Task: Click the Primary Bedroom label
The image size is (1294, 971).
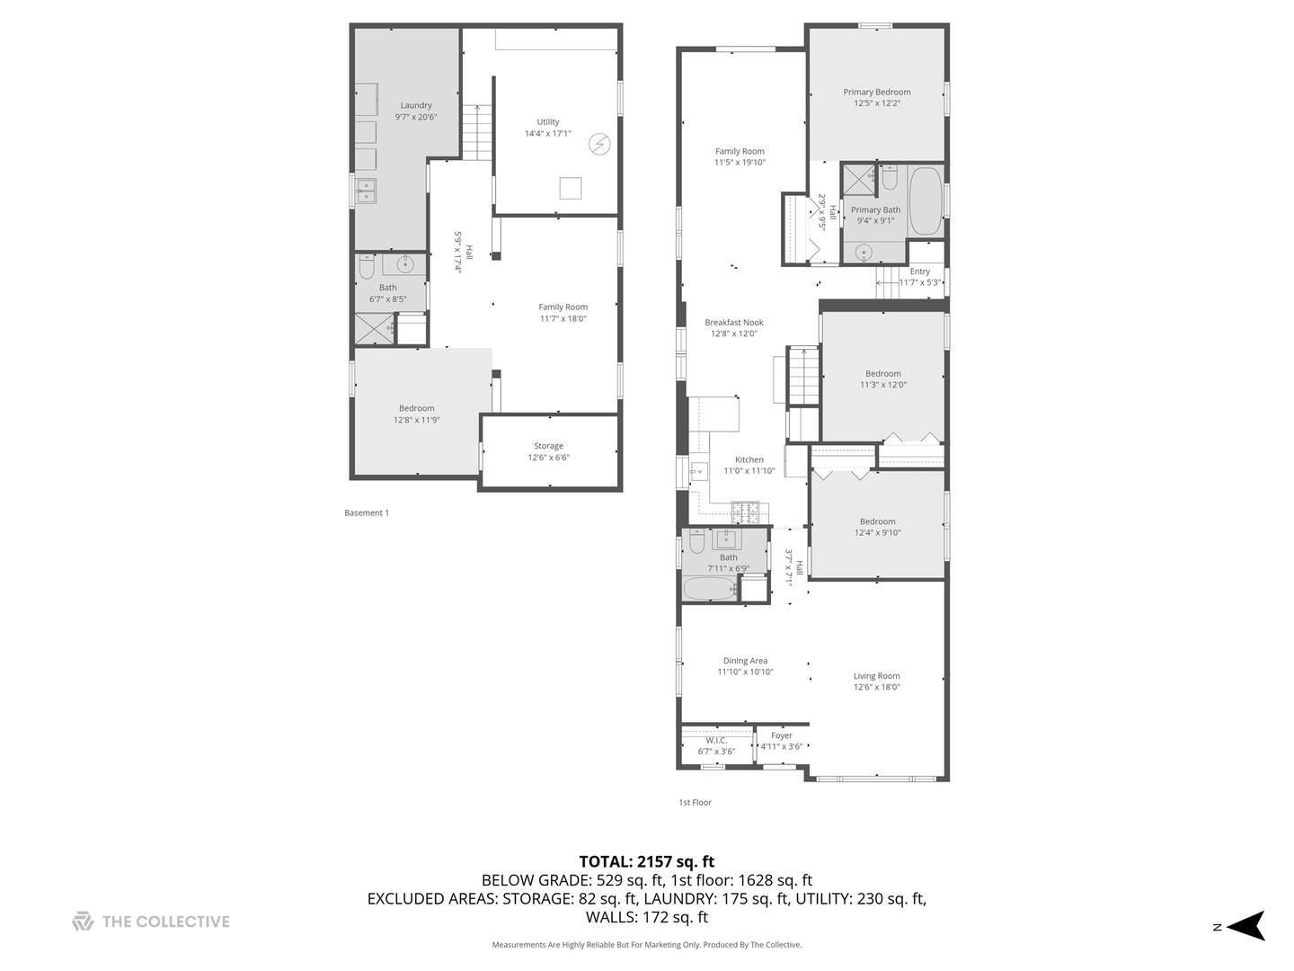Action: [876, 92]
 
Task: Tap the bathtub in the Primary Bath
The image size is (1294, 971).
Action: [925, 200]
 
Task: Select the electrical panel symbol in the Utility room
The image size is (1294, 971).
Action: [599, 144]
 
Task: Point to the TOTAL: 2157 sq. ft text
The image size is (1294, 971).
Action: [646, 861]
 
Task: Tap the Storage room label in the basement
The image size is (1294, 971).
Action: [548, 446]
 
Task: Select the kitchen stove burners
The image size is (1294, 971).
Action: [747, 513]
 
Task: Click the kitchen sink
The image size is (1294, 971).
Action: [698, 472]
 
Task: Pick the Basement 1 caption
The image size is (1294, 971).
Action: [367, 513]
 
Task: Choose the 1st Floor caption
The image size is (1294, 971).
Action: [695, 803]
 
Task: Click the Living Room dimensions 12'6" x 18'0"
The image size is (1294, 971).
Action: [876, 687]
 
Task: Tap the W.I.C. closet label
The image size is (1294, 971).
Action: [716, 741]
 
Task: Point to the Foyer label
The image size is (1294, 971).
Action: [781, 735]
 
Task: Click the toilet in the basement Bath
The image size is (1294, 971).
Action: [366, 267]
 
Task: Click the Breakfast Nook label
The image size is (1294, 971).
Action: [733, 323]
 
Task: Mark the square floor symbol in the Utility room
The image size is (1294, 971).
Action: [570, 188]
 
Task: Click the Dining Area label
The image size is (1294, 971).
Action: [745, 661]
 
